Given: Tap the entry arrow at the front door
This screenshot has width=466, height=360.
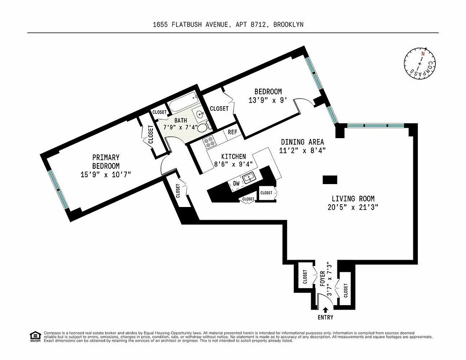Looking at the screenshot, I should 326,309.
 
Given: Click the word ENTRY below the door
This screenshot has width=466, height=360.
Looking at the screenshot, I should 326,318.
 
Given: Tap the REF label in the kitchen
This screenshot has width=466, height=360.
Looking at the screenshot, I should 233,132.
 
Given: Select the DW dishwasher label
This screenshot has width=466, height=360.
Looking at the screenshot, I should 237,183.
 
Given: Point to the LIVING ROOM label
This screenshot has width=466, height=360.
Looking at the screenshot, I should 353,198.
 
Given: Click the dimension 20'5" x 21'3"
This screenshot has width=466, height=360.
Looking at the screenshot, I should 353,207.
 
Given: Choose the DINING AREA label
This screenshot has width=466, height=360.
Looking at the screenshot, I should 302,142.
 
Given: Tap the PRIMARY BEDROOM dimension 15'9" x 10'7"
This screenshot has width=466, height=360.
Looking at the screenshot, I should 106,175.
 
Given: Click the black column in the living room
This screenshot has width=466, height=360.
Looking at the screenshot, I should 330,180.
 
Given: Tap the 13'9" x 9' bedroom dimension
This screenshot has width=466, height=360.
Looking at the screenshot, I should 268,100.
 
